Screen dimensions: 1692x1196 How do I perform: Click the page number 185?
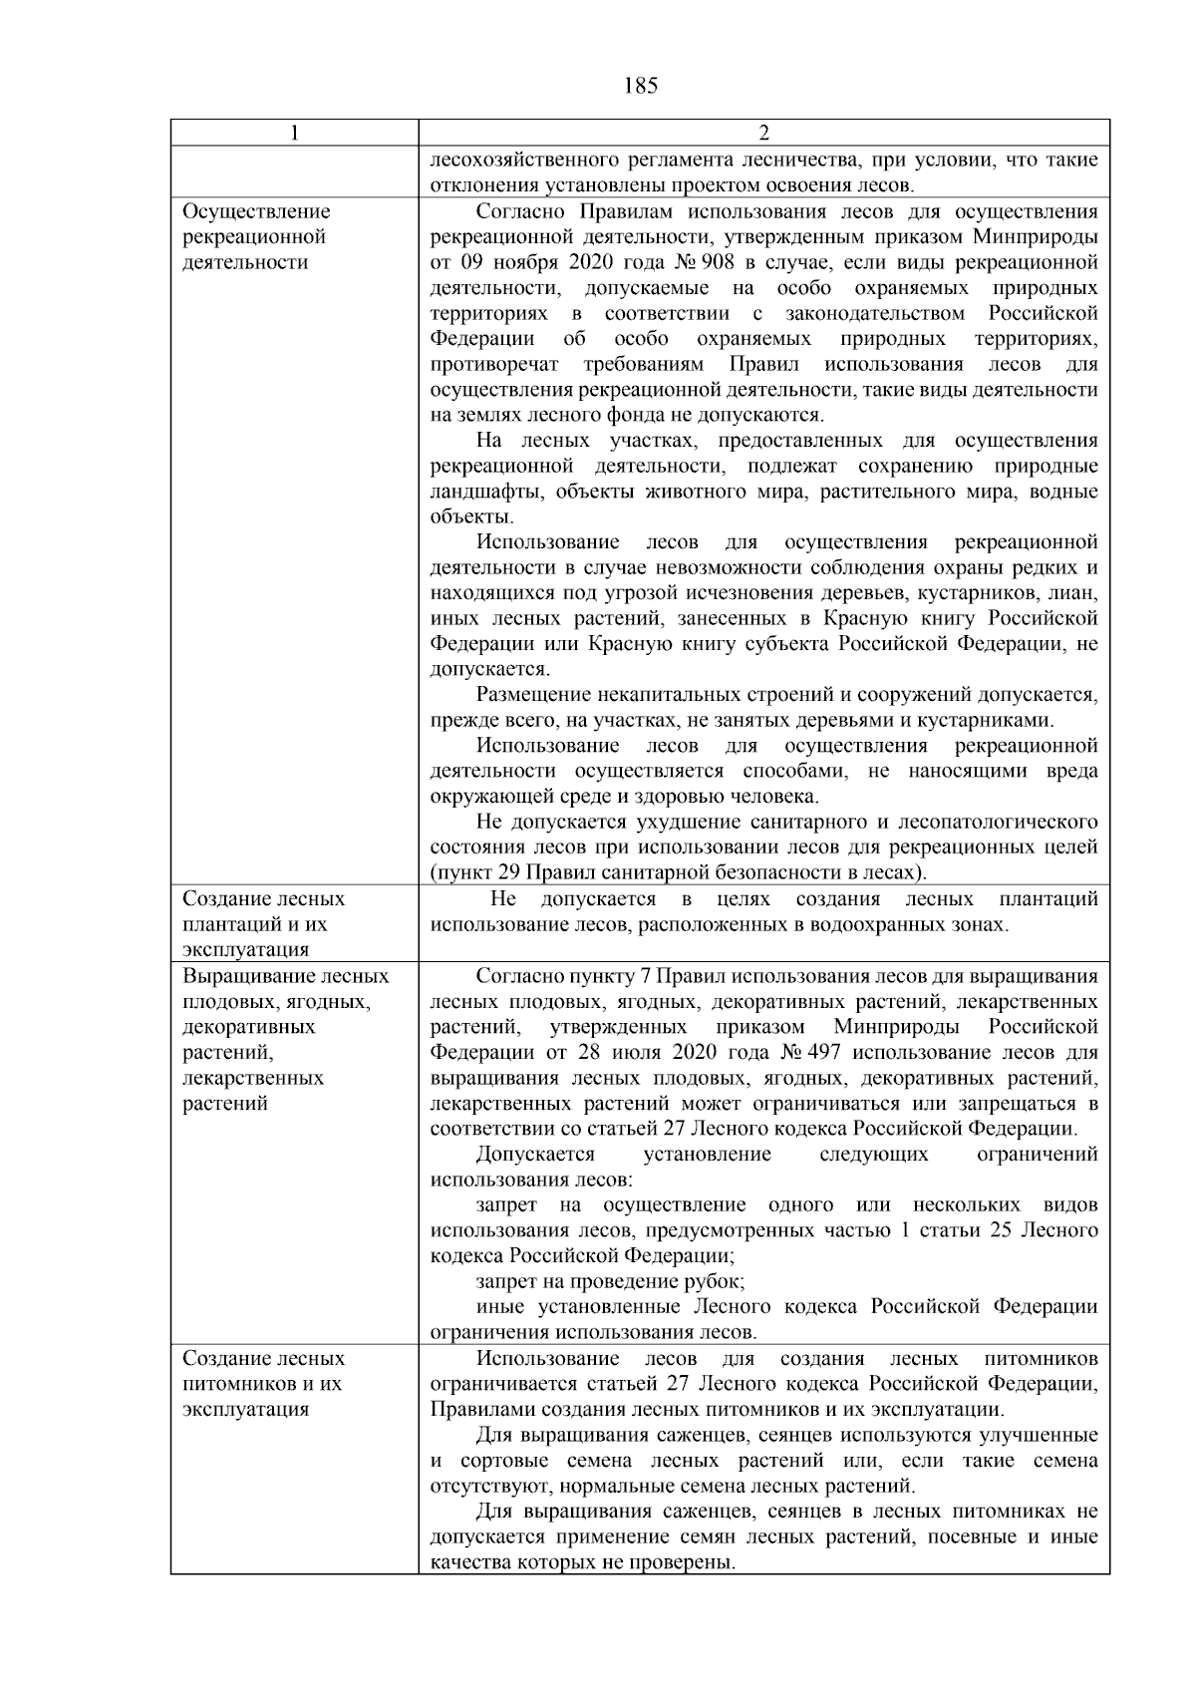(x=640, y=86)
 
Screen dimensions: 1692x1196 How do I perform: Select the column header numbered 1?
(x=294, y=134)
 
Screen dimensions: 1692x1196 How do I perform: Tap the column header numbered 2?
(x=763, y=134)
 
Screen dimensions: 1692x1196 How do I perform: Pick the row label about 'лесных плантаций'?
(x=264, y=924)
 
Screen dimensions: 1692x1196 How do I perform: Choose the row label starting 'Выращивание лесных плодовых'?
(x=286, y=1040)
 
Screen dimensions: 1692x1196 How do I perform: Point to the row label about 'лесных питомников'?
(x=264, y=1384)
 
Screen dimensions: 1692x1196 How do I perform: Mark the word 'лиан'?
(x=1079, y=594)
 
